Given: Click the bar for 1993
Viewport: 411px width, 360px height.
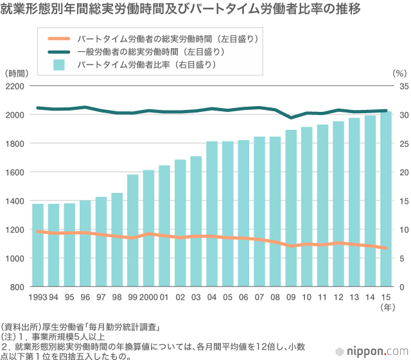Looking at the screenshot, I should pos(38,245).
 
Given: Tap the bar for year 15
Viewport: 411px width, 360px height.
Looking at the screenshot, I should pos(385,199).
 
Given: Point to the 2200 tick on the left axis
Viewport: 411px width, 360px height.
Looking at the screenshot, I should pos(15,86).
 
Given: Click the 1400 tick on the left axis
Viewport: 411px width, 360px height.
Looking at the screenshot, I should pos(15,201).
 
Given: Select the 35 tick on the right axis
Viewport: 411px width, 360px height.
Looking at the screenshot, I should pos(399,86).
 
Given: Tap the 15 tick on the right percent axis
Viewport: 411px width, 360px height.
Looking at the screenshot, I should pos(399,201).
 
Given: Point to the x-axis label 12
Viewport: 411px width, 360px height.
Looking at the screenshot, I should pos(338,298).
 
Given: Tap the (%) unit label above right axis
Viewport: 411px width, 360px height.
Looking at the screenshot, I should pos(399,73).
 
